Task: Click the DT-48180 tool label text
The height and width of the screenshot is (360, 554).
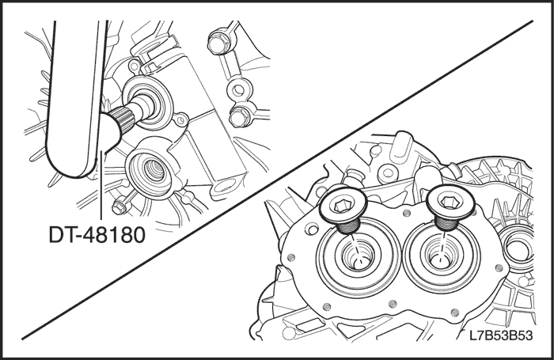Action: (97, 235)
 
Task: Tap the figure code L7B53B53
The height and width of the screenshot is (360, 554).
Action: (501, 335)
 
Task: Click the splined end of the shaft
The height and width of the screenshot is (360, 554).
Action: (122, 120)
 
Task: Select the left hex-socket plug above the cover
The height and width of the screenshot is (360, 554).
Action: (343, 209)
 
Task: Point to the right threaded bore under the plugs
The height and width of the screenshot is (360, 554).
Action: (441, 255)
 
